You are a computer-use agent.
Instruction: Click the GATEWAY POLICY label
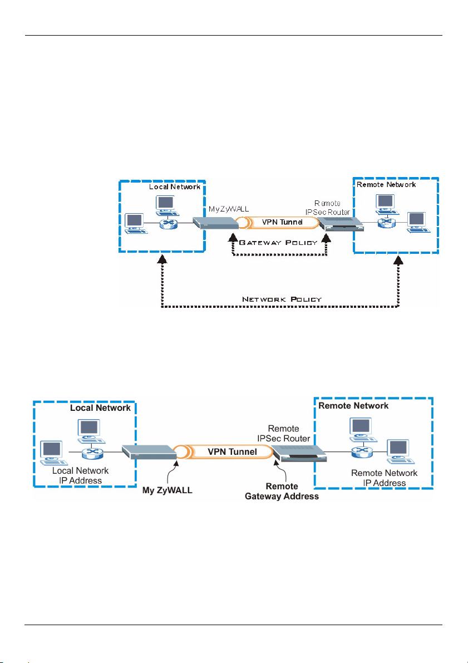(278, 243)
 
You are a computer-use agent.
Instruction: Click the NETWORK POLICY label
(282, 299)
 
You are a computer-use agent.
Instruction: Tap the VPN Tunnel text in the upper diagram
(282, 222)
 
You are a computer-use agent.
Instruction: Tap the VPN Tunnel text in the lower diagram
(233, 451)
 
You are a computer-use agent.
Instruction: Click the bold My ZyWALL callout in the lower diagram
(168, 490)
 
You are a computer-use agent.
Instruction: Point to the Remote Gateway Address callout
(282, 492)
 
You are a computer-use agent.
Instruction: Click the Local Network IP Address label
(80, 476)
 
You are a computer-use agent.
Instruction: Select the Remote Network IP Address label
(385, 478)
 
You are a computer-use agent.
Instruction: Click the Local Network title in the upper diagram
(175, 187)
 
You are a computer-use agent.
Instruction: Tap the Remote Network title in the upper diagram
(386, 185)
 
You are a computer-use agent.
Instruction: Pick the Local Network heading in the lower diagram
(101, 407)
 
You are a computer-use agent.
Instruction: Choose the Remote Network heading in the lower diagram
(353, 406)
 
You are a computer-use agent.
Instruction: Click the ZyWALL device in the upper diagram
(215, 223)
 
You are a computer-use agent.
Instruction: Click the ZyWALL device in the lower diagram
(149, 453)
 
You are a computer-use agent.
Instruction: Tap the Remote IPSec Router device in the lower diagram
(300, 454)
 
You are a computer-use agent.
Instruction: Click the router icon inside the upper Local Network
(166, 223)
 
